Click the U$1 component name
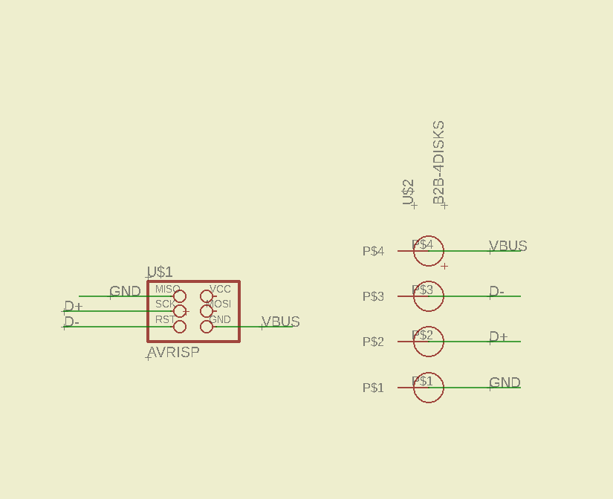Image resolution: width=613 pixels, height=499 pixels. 160,272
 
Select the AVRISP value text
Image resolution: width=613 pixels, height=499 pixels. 173,352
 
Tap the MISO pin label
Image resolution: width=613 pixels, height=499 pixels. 167,289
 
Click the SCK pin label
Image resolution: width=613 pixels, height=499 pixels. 164,304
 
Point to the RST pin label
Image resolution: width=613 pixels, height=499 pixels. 164,319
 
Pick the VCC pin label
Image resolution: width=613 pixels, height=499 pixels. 220,289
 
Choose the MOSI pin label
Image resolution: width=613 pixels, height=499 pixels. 218,304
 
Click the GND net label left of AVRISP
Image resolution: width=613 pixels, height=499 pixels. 125,291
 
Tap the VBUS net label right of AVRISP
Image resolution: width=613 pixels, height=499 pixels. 281,322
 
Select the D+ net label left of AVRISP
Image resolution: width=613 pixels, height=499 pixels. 74,306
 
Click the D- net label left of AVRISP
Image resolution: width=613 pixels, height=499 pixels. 72,322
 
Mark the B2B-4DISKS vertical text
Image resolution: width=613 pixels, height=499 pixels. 438,162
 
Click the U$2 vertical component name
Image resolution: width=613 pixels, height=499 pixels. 408,192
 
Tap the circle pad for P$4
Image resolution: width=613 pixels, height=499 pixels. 429,251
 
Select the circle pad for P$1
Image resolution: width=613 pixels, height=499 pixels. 429,388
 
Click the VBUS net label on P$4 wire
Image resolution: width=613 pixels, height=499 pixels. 508,246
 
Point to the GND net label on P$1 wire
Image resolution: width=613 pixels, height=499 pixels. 505,382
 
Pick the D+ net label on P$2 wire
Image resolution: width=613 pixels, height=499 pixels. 499,336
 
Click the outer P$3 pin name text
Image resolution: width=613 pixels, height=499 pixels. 373,296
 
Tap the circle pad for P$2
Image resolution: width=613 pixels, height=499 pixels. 429,342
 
